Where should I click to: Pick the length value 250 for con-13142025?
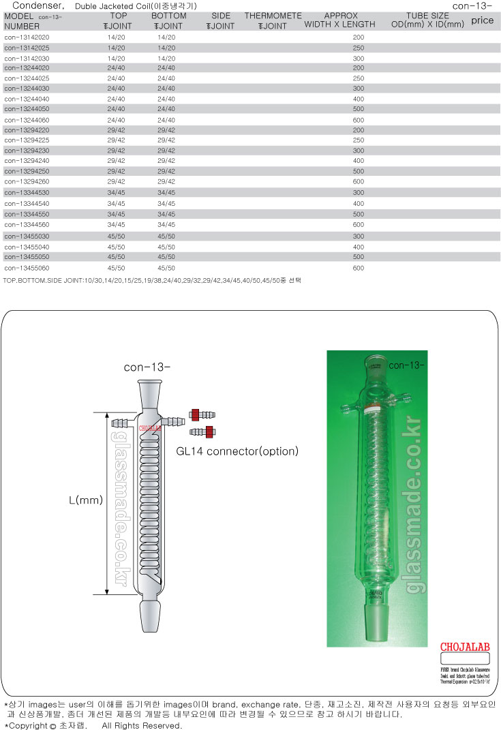point(359,48)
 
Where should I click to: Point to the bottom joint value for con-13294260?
point(166,182)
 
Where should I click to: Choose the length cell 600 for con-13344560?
point(359,225)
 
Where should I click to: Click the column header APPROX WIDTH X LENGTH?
point(341,20)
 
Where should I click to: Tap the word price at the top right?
point(482,20)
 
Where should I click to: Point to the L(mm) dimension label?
point(85,500)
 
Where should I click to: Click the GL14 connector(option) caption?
point(237,451)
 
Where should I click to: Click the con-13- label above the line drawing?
point(147,367)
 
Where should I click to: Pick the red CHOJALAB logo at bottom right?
point(461,647)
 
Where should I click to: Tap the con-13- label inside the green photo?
point(407,365)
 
